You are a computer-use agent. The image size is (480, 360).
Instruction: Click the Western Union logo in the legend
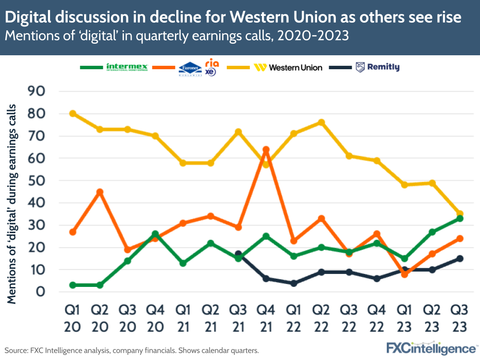[288, 67]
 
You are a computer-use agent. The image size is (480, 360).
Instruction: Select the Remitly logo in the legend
[378, 67]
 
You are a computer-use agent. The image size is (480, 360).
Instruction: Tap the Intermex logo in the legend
[127, 67]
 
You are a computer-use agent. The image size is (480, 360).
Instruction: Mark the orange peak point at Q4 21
[266, 150]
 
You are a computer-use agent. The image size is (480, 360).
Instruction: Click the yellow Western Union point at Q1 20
[73, 113]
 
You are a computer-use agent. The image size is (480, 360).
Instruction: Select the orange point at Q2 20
[99, 192]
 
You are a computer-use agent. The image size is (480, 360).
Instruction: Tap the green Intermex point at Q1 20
[73, 285]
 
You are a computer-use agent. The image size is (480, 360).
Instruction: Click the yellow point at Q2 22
[321, 123]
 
